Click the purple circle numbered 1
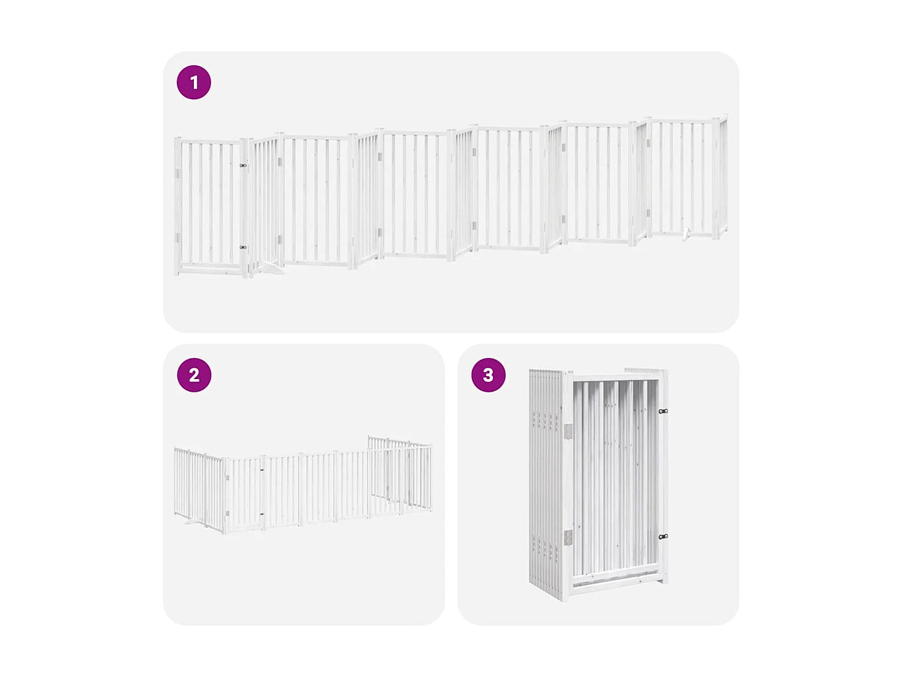point(194,82)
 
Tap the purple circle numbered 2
point(194,375)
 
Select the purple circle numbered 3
point(488,375)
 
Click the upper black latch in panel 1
point(243,165)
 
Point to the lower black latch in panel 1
point(243,247)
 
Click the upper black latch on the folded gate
point(663,412)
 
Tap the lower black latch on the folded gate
point(663,536)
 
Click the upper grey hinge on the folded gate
point(568,431)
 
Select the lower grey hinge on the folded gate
point(568,537)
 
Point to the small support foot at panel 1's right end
point(687,234)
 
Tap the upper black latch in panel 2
point(262,471)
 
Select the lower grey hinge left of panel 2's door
point(228,513)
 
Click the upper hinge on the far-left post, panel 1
point(178,173)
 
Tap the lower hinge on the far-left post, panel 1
point(178,237)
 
